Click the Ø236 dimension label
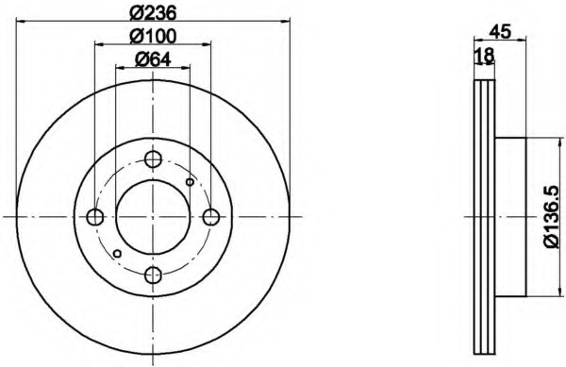(153, 14)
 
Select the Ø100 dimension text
(153, 37)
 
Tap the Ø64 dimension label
(153, 59)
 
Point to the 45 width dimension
(500, 31)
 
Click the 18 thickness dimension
(484, 56)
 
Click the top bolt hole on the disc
(153, 159)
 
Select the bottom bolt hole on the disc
(153, 275)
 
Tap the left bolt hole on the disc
(95, 217)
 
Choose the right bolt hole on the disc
(210, 217)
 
